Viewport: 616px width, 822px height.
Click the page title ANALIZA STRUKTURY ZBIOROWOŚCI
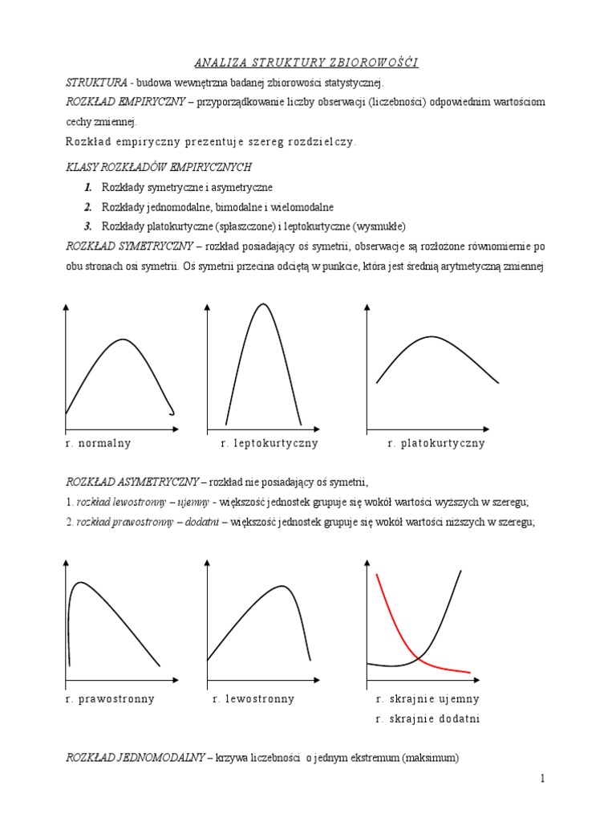point(307,63)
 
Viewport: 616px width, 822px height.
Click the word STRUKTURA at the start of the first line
point(95,83)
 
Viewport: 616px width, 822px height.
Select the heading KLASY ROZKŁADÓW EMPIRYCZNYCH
point(159,167)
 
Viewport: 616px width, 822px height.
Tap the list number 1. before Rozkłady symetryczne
point(87,187)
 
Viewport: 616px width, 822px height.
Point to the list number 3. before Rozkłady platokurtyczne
point(87,226)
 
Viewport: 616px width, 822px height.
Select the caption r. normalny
point(99,443)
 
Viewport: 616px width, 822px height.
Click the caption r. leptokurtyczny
point(269,443)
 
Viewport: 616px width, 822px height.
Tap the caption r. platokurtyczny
point(436,443)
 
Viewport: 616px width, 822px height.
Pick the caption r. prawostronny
point(110,698)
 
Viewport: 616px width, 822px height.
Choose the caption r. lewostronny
point(253,698)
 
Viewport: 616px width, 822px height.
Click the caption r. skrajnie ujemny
point(428,698)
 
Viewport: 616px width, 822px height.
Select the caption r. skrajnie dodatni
point(428,718)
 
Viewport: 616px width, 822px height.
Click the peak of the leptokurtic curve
point(263,304)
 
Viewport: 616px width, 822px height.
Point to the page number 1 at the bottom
point(542,778)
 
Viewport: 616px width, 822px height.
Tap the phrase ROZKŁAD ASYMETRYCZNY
point(132,482)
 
